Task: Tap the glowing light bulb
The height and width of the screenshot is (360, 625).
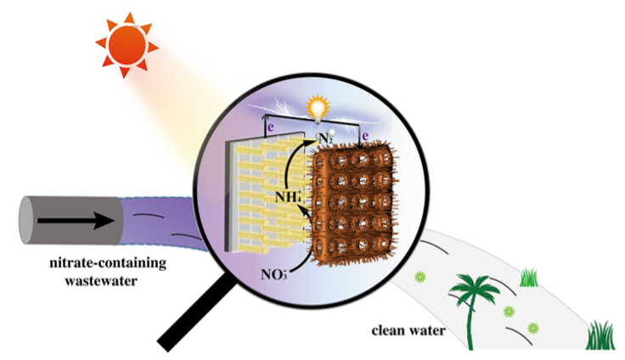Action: [318, 108]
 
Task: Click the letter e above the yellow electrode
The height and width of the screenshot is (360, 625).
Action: [270, 128]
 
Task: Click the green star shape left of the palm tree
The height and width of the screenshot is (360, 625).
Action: [419, 277]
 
